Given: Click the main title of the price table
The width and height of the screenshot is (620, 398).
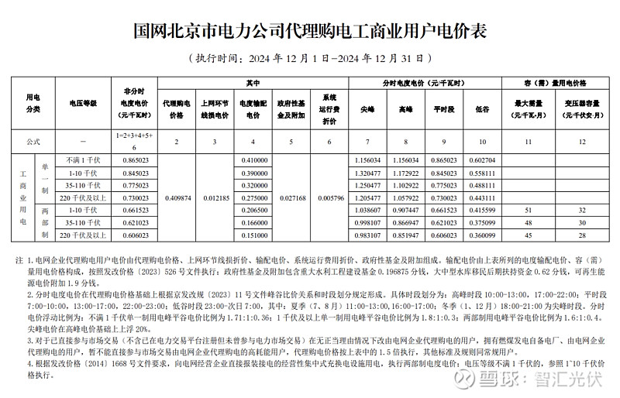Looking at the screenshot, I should [310, 32].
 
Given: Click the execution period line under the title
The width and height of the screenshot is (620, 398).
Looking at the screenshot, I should [310, 58].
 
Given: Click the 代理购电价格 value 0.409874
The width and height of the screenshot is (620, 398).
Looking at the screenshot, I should [177, 197].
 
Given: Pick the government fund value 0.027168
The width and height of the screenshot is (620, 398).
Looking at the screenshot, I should [291, 197].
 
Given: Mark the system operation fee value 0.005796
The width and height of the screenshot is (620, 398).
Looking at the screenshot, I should [330, 197].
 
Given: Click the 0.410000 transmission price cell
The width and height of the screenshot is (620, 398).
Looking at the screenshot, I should [253, 160].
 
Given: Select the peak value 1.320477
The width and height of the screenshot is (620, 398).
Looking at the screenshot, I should [367, 173].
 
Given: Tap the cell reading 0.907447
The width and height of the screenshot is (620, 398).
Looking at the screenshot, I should [406, 210].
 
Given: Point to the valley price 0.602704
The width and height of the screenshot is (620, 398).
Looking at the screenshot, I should [482, 160].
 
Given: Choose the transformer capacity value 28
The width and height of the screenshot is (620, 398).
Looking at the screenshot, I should [580, 235].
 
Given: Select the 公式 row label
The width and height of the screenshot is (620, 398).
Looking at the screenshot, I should [33, 142].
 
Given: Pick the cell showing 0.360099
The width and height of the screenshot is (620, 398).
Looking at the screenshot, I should [482, 235].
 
